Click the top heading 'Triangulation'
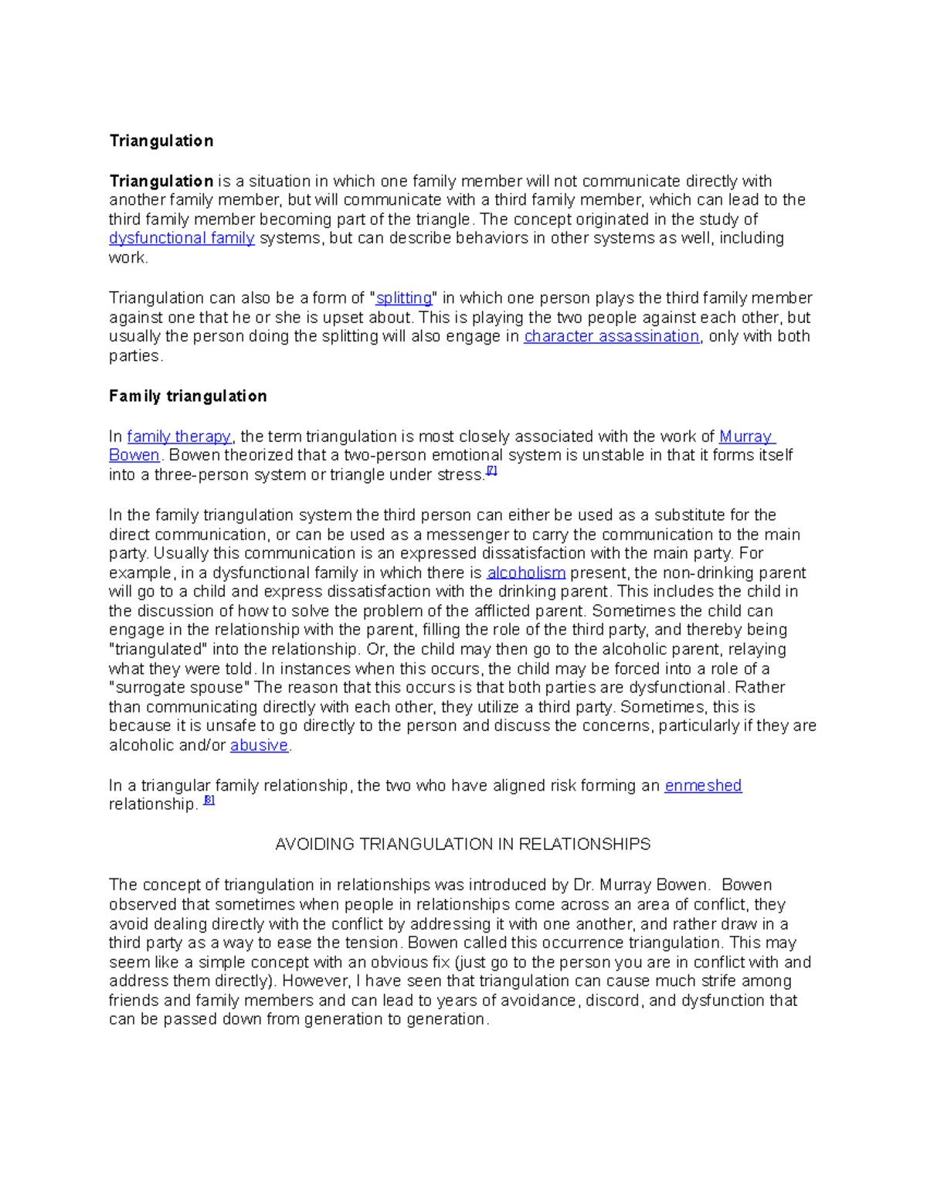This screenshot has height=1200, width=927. point(161,141)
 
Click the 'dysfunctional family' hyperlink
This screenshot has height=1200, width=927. point(182,238)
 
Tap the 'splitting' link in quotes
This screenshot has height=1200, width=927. point(403,298)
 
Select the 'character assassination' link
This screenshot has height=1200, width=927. point(611,336)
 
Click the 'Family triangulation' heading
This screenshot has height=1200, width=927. point(188,396)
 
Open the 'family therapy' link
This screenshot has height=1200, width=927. point(178,437)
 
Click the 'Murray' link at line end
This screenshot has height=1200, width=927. point(746,437)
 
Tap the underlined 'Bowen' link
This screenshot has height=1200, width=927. point(134,455)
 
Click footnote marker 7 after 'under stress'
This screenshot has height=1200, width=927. point(491,471)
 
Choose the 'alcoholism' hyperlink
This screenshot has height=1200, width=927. point(526,573)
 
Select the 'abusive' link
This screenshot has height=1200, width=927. point(259,746)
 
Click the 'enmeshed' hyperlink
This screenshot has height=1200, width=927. point(703,786)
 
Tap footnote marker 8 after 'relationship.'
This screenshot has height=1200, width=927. point(209,801)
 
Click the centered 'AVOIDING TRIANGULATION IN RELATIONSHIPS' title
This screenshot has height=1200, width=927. point(463,845)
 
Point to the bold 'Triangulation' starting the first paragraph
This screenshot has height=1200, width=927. point(161,182)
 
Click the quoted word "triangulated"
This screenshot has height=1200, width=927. point(158,650)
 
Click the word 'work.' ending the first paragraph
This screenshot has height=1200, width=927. point(128,258)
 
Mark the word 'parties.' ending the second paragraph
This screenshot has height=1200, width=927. point(136,356)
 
